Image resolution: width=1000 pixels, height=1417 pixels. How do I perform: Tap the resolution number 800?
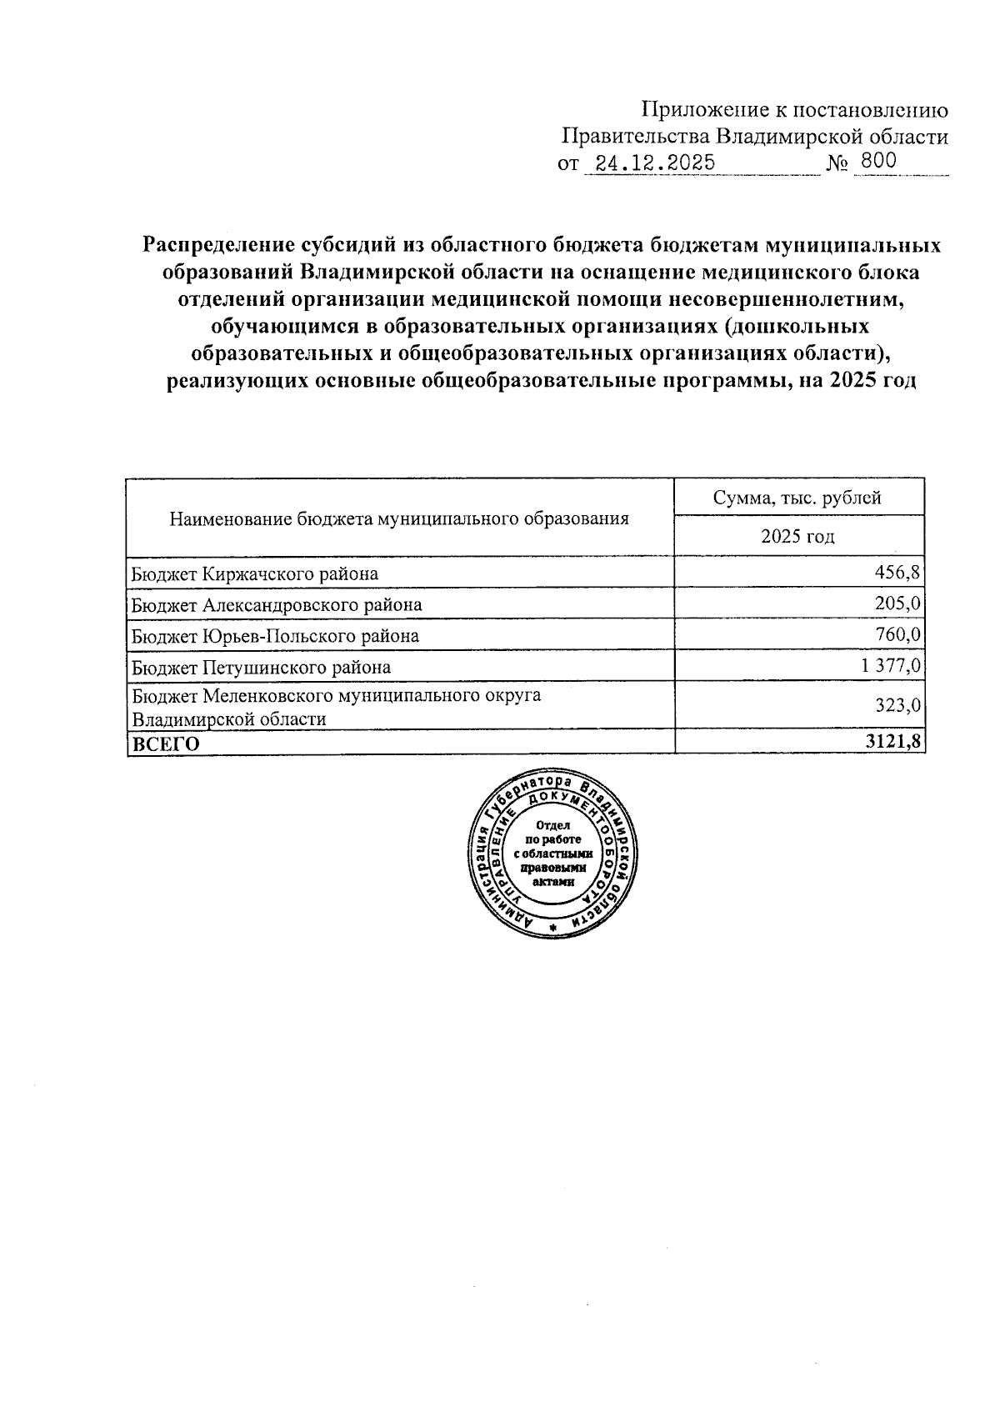pyautogui.click(x=879, y=162)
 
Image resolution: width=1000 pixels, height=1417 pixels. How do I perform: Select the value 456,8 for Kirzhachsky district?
pyautogui.click(x=897, y=573)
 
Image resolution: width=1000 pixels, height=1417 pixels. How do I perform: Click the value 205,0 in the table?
pyautogui.click(x=897, y=604)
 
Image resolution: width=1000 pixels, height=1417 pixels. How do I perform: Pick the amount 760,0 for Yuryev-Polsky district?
pyautogui.click(x=897, y=636)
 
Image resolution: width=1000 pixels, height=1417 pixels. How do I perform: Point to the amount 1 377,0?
pyautogui.click(x=886, y=667)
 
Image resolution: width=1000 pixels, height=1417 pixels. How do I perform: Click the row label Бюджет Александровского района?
pyautogui.click(x=277, y=605)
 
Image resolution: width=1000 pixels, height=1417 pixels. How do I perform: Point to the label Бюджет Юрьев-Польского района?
pyautogui.click(x=275, y=637)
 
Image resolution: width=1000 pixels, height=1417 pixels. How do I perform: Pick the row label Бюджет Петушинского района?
pyautogui.click(x=261, y=668)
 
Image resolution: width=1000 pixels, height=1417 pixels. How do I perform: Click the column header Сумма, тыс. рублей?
pyautogui.click(x=797, y=498)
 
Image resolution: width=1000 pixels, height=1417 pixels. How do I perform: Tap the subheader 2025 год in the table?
pyautogui.click(x=797, y=537)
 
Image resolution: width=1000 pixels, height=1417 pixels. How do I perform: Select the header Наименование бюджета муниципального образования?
pyautogui.click(x=398, y=519)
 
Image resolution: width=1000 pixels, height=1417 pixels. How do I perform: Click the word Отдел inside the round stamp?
pyautogui.click(x=552, y=824)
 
